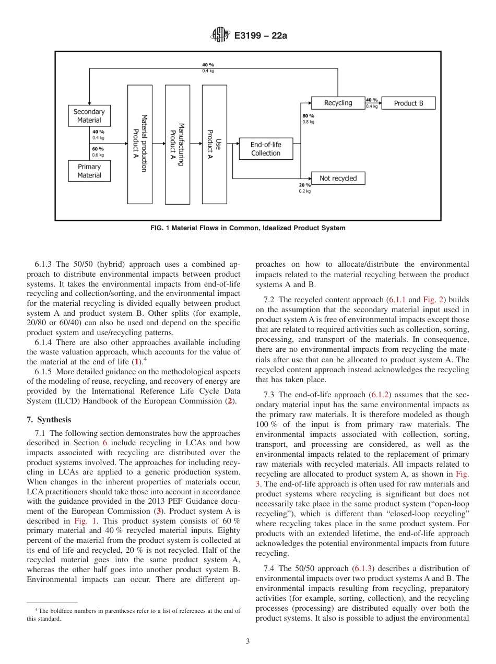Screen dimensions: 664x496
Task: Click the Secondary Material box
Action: tap(89, 116)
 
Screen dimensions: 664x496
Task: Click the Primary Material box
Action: tap(89, 171)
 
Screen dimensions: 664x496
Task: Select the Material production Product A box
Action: tap(139, 144)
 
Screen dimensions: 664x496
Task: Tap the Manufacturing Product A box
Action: tap(177, 144)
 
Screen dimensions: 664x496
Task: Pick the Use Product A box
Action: tap(214, 144)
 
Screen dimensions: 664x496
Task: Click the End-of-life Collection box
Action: tap(265, 149)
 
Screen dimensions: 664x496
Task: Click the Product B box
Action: tap(408, 103)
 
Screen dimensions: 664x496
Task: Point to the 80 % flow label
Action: tap(308, 115)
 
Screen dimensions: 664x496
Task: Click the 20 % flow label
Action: tap(304, 185)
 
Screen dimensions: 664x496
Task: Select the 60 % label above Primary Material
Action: tap(98, 149)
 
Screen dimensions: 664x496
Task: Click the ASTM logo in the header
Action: tap(220, 35)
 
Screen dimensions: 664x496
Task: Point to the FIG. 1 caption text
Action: tap(248, 228)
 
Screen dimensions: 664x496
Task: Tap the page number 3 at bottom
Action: tap(248, 642)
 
